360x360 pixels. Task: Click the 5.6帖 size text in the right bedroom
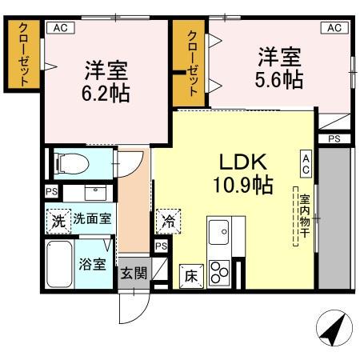278,80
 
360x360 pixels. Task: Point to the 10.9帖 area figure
241,186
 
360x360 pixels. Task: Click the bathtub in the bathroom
58,266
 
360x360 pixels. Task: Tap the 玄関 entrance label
134,273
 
